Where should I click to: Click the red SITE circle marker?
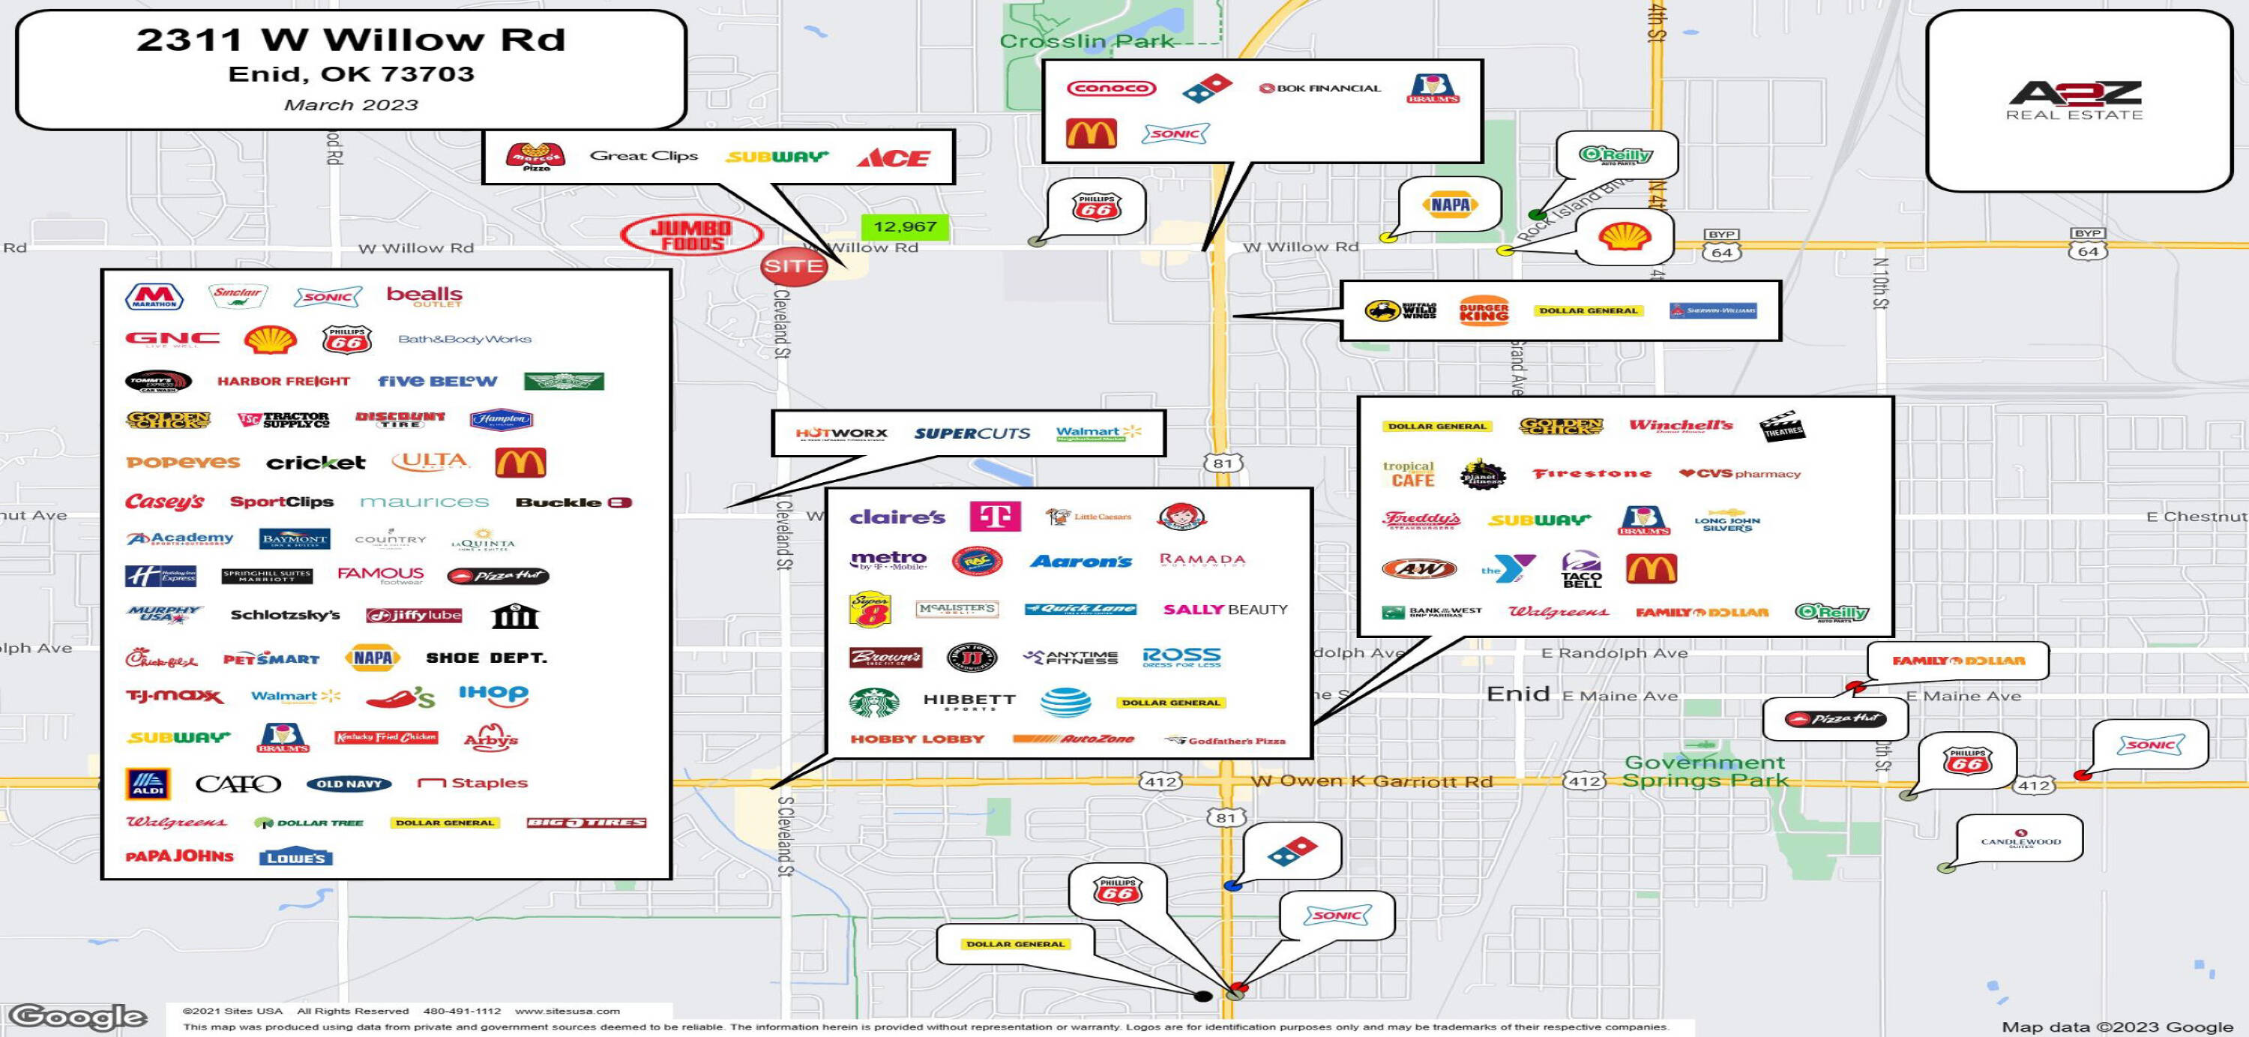pos(792,266)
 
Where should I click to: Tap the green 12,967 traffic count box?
pos(905,227)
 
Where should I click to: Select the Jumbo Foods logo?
pos(690,235)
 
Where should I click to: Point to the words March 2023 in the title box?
pos(351,105)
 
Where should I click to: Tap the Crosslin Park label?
pos(1086,41)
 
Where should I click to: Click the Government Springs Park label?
pos(1703,771)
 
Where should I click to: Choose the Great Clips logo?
pos(643,156)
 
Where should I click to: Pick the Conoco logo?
pos(1110,88)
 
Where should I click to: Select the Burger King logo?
pos(1484,310)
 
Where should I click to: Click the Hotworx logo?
pos(841,433)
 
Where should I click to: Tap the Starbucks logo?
pos(874,701)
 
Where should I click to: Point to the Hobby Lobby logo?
pos(917,739)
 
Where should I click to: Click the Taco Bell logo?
pos(1581,569)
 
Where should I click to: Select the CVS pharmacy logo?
pos(1739,474)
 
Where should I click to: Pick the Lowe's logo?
pos(296,857)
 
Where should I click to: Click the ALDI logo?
pos(148,784)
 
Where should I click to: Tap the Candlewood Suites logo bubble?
pos(2020,839)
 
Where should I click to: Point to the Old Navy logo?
pos(349,784)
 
